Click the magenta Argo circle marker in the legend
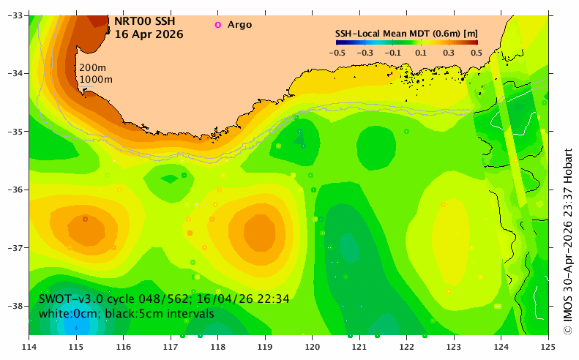click(x=218, y=25)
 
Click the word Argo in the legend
click(x=239, y=25)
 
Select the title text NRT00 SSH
click(x=145, y=21)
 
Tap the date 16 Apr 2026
click(x=149, y=34)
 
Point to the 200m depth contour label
click(x=93, y=67)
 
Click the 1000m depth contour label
click(x=96, y=79)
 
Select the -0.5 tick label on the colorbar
click(x=337, y=53)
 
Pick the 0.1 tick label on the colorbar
click(x=421, y=53)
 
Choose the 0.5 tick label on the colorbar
click(x=477, y=53)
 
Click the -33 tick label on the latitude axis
click(x=15, y=15)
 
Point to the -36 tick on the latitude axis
click(x=15, y=190)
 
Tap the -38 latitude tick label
click(x=15, y=306)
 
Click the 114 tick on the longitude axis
click(x=29, y=347)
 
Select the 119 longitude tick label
click(x=265, y=347)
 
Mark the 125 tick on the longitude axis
click(x=548, y=347)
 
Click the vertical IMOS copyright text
click(x=568, y=241)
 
